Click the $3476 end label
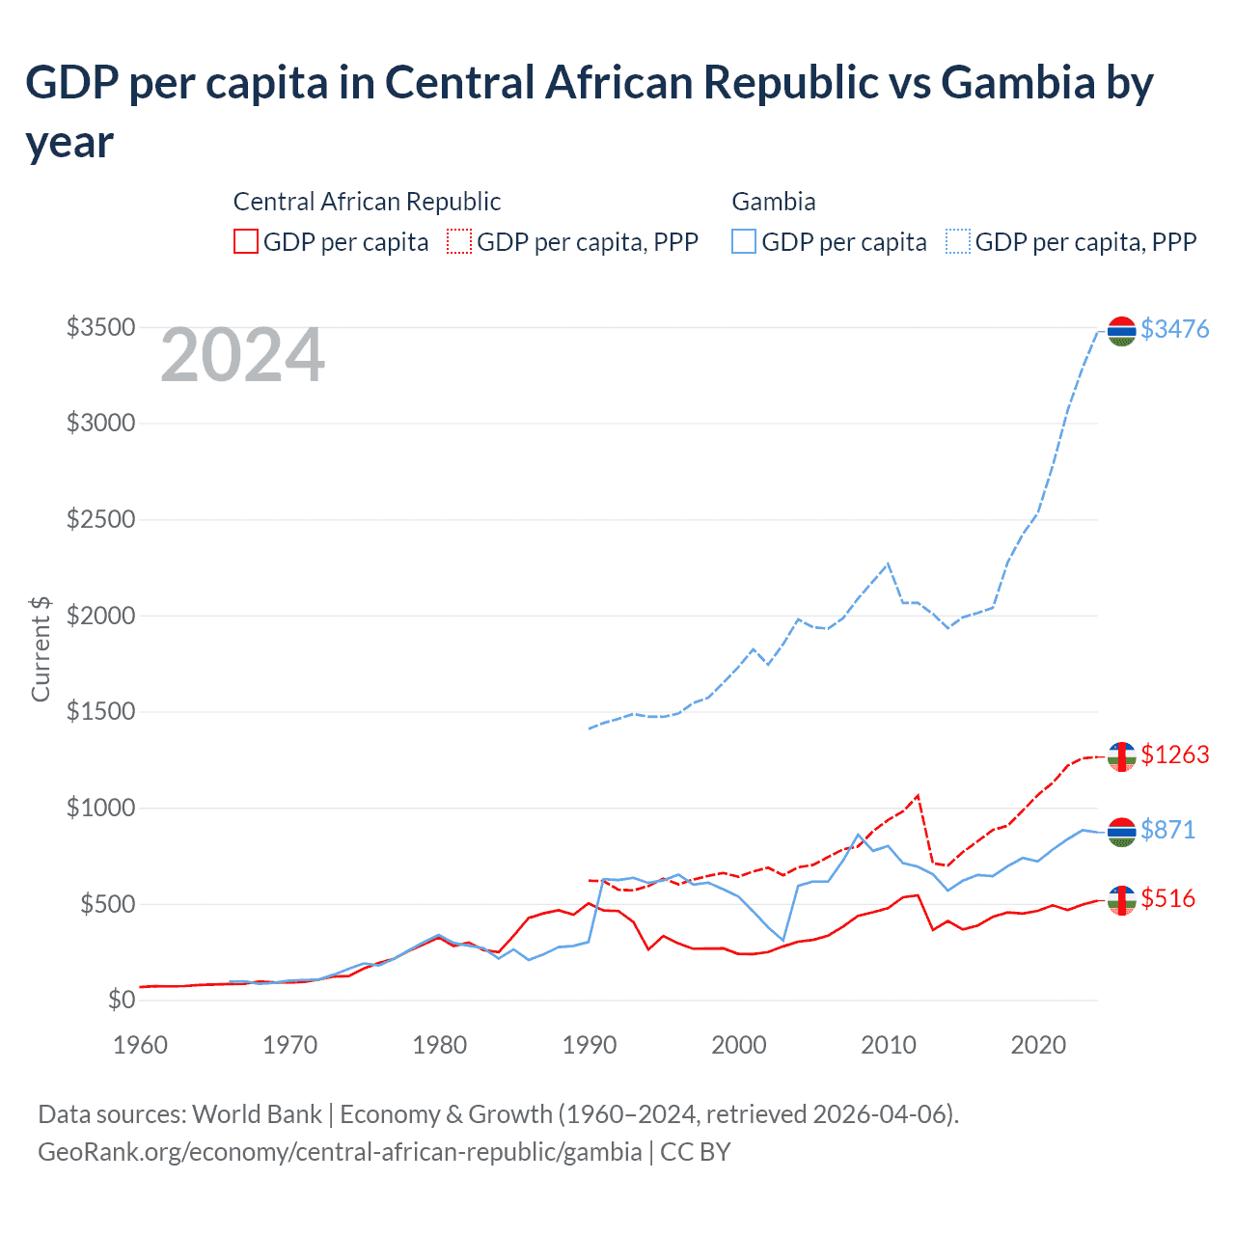pyautogui.click(x=1174, y=329)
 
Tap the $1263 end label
pyautogui.click(x=1174, y=755)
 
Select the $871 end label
pyautogui.click(x=1167, y=830)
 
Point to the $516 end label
pyautogui.click(x=1167, y=899)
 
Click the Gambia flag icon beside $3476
pyautogui.click(x=1121, y=331)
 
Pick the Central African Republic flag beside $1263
pyautogui.click(x=1121, y=756)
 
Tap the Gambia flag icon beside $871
pyautogui.click(x=1121, y=832)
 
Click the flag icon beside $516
pyautogui.click(x=1121, y=900)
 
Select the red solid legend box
pyautogui.click(x=246, y=241)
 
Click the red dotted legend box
pyautogui.click(x=459, y=241)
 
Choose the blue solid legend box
pyautogui.click(x=744, y=241)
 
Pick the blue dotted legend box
pyautogui.click(x=958, y=241)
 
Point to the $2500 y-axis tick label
pyautogui.click(x=100, y=520)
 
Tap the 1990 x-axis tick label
pyautogui.click(x=589, y=1045)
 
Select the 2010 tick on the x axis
pyautogui.click(x=888, y=1045)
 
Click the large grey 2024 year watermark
pyautogui.click(x=242, y=356)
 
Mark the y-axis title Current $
pyautogui.click(x=41, y=648)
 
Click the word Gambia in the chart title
pyautogui.click(x=1017, y=83)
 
